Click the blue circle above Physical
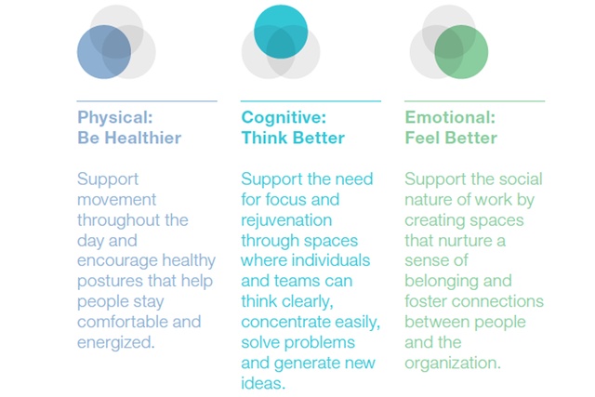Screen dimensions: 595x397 (x=104, y=52)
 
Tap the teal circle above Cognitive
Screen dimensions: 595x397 (x=281, y=32)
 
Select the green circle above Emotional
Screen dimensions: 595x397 (x=461, y=52)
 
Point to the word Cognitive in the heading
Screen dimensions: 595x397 (x=284, y=118)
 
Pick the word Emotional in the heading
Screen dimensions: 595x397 (x=450, y=117)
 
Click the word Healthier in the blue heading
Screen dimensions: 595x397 (x=143, y=138)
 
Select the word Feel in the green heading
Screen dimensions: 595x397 (x=421, y=138)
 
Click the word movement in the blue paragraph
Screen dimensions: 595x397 (x=117, y=200)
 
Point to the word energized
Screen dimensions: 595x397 (x=116, y=343)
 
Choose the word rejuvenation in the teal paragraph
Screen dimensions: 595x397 (x=286, y=220)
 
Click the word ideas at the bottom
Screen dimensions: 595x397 (x=263, y=383)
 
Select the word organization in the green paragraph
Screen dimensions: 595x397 (x=453, y=364)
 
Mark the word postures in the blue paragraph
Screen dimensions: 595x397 (x=110, y=282)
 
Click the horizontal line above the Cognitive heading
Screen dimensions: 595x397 (x=311, y=101)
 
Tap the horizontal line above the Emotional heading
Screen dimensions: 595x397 (x=475, y=101)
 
